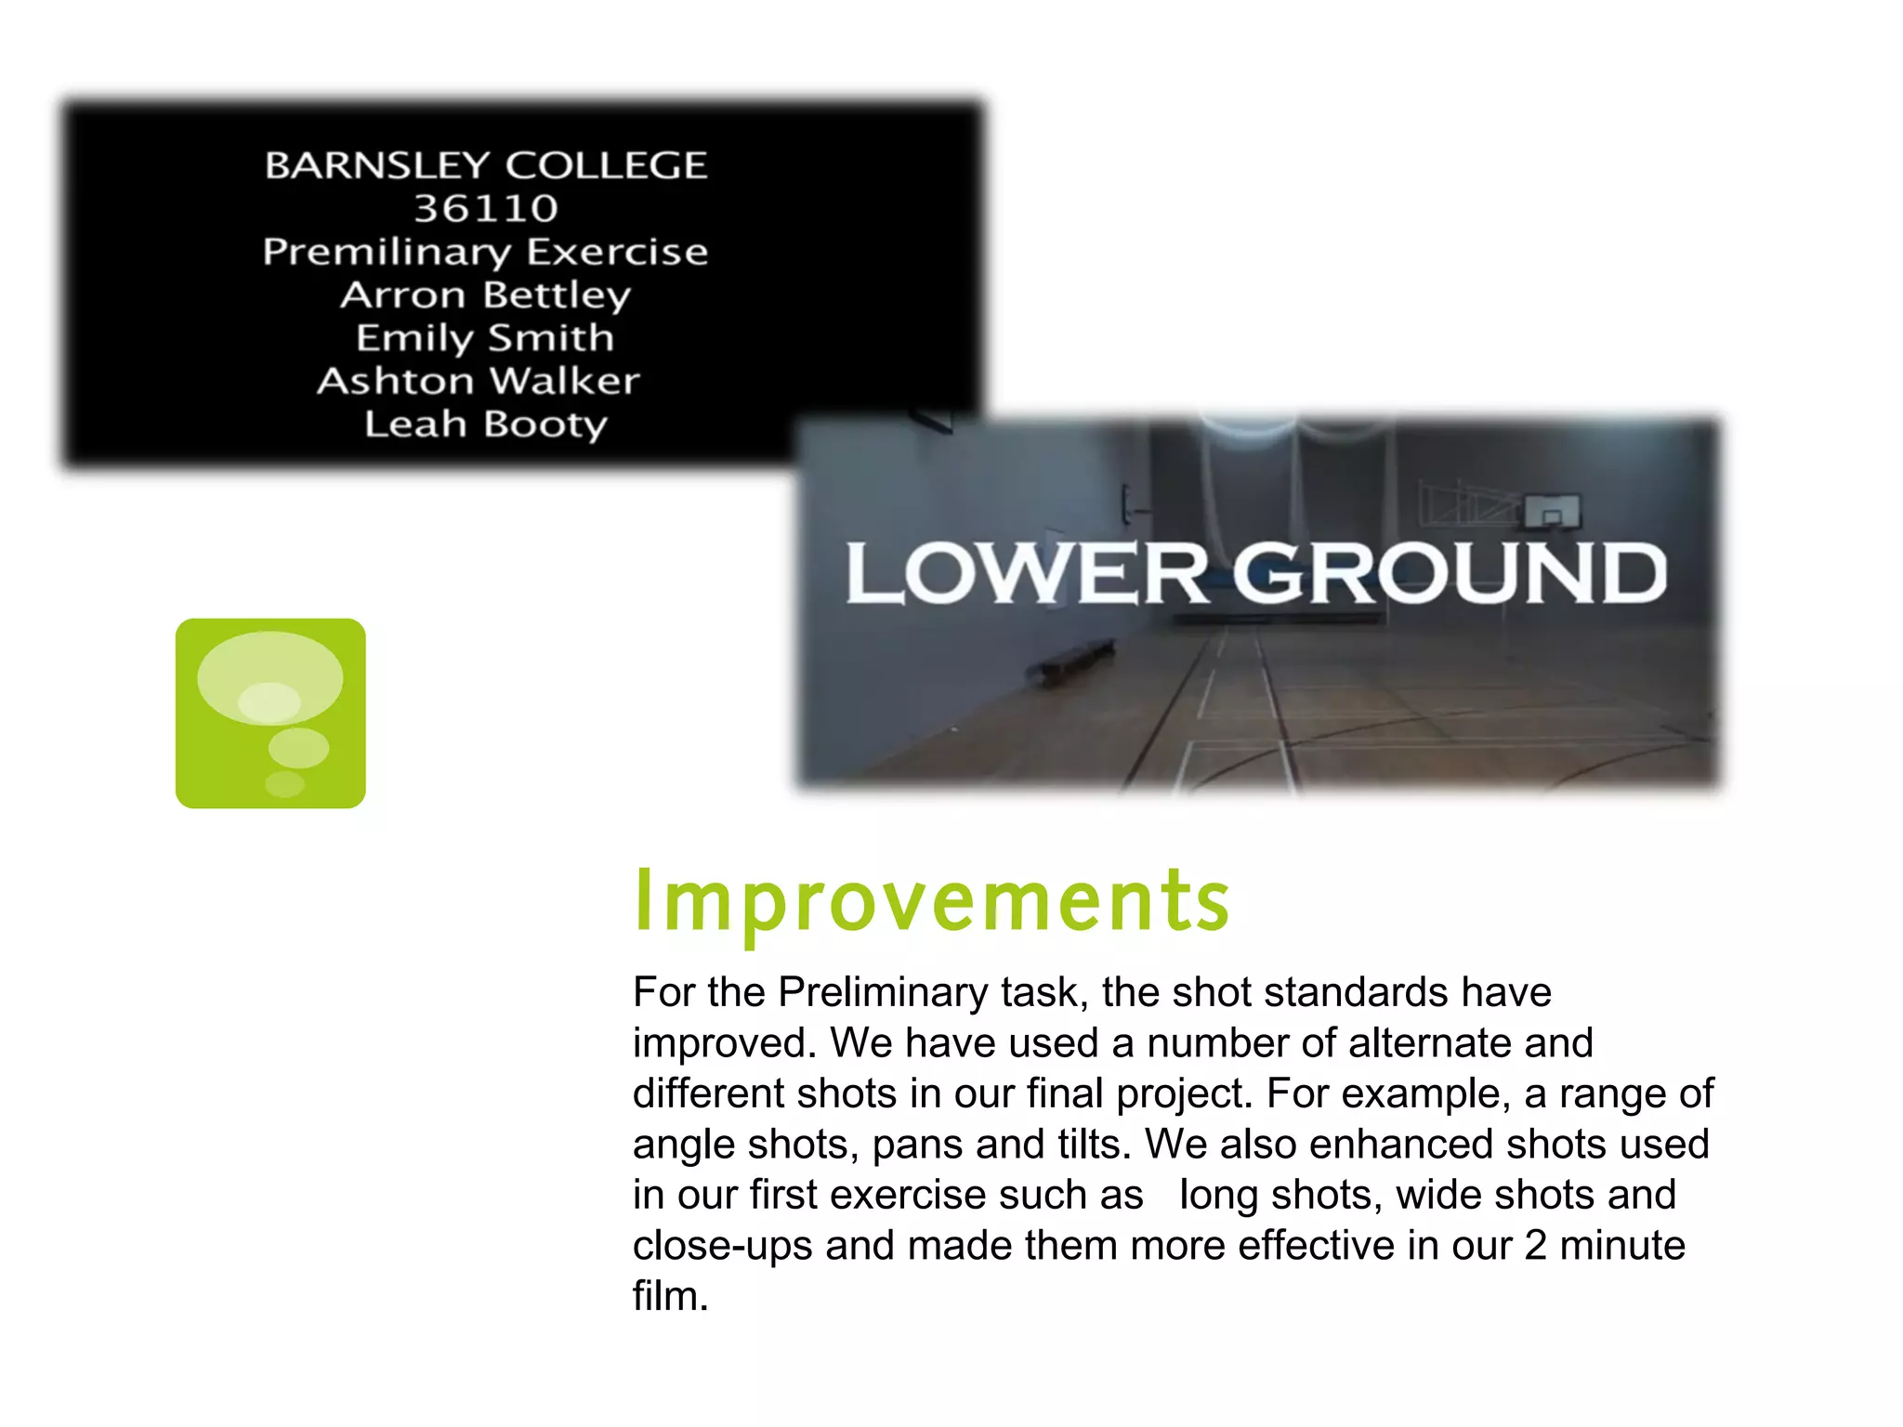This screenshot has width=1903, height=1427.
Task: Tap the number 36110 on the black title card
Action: point(486,208)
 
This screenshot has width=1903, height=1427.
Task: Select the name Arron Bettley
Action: point(485,295)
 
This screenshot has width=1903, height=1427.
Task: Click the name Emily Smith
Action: point(485,338)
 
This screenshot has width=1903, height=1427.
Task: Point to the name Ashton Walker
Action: point(479,381)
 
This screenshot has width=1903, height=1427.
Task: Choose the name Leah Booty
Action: point(485,425)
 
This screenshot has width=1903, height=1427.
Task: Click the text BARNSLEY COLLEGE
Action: point(486,165)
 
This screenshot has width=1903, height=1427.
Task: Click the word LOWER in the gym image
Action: point(1026,574)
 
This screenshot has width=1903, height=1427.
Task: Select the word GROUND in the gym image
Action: point(1450,574)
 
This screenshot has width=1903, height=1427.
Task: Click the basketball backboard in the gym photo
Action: point(1551,510)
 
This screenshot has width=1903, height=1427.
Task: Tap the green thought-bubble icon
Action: point(270,713)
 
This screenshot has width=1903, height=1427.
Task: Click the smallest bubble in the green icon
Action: point(284,783)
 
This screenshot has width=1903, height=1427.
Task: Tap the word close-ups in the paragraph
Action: point(722,1246)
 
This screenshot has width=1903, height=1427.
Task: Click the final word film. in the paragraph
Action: point(670,1296)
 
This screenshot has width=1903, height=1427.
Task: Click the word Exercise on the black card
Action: point(617,253)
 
